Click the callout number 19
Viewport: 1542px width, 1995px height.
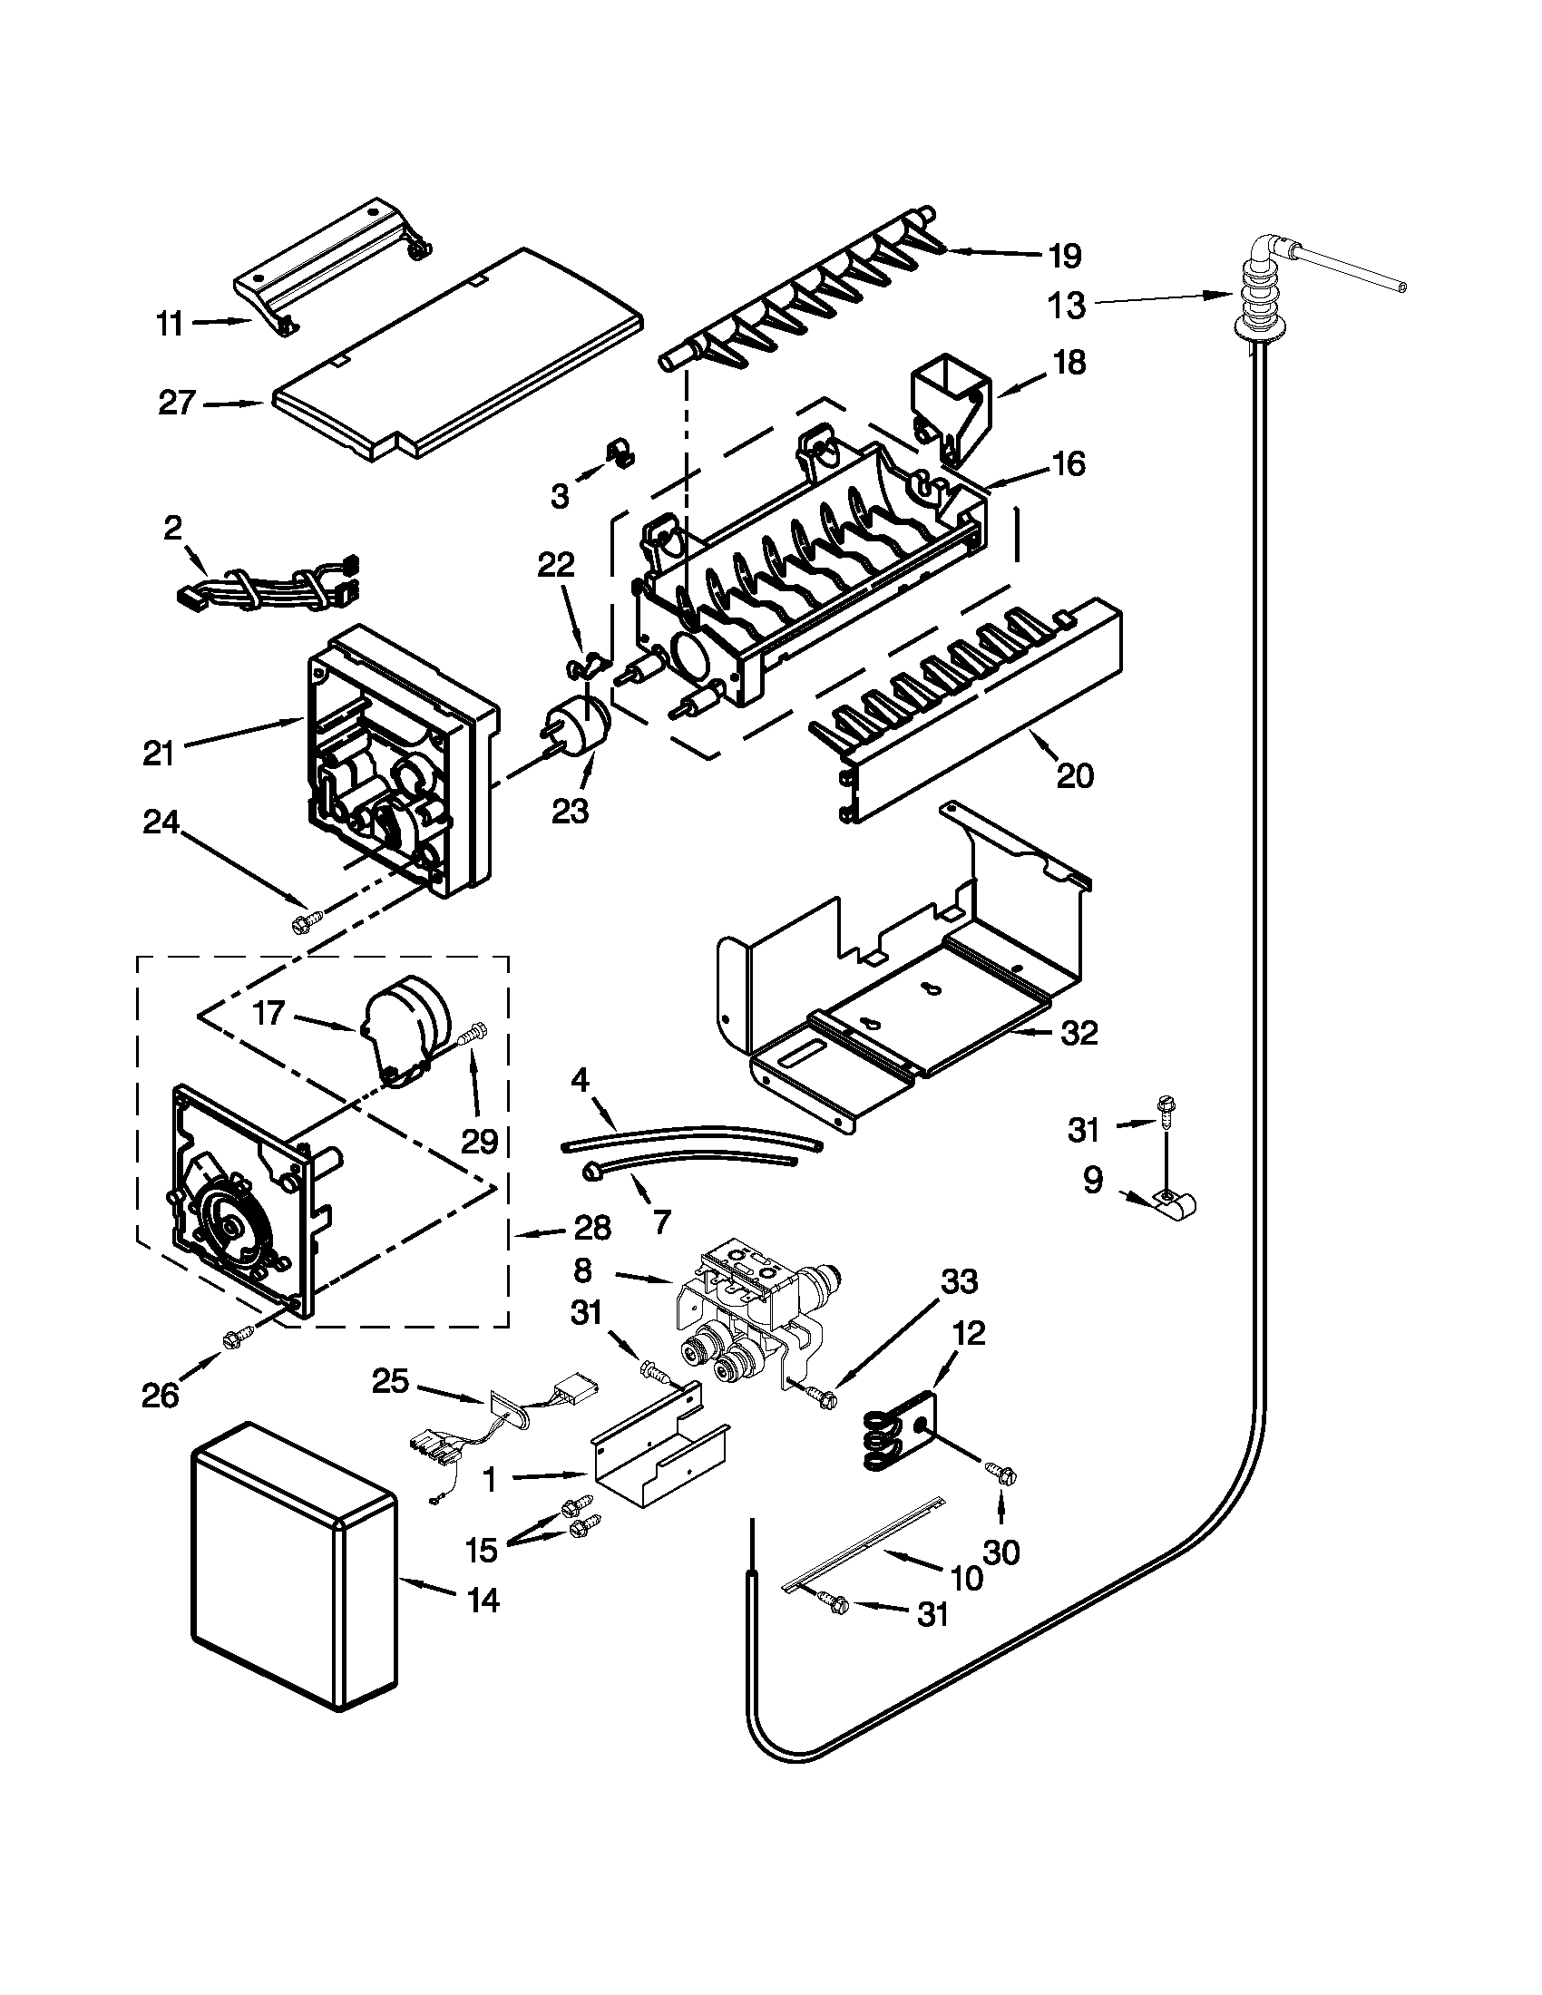(1064, 257)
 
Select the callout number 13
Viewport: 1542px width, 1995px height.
(1066, 305)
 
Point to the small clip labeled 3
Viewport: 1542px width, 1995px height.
(622, 453)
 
